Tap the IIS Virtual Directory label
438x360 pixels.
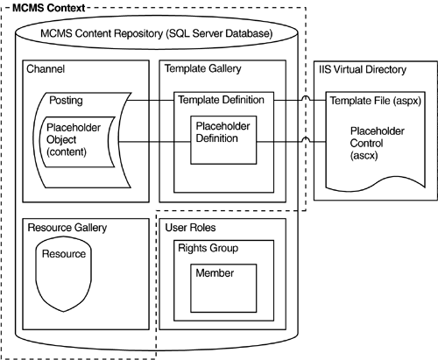[368, 68]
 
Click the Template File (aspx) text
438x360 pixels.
[374, 102]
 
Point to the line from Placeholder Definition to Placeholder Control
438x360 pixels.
[285, 140]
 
